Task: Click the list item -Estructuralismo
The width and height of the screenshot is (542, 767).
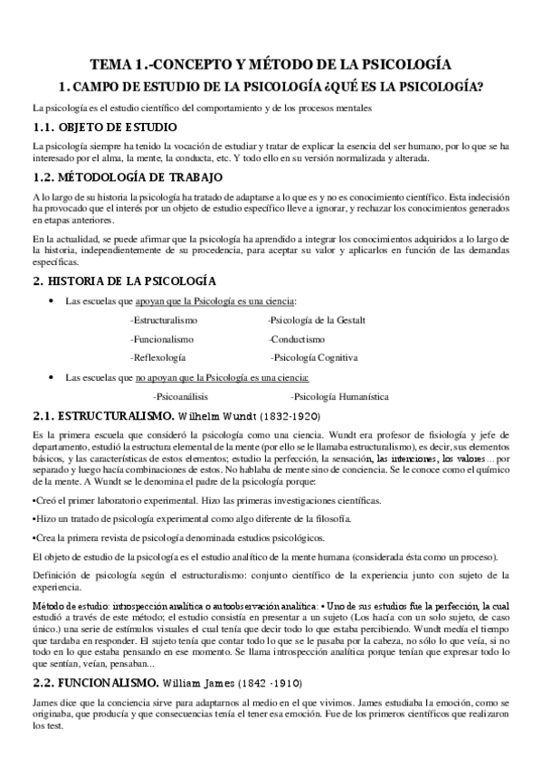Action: point(164,320)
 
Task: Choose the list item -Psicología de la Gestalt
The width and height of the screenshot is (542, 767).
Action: point(317,320)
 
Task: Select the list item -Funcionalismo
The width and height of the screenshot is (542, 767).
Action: point(159,338)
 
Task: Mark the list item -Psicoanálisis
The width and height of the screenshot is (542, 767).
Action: point(180,396)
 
